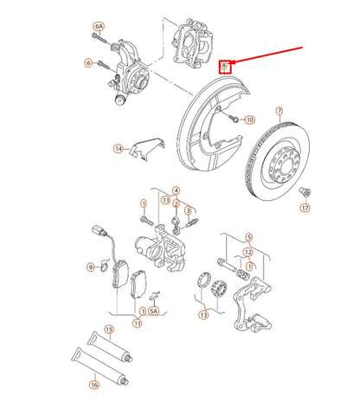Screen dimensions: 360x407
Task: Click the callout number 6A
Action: click(x=99, y=27)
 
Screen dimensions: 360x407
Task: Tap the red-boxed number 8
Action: click(x=224, y=66)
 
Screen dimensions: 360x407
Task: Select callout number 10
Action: click(x=249, y=120)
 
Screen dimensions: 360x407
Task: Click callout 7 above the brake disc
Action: click(x=280, y=111)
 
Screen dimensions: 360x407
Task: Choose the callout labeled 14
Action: click(x=119, y=149)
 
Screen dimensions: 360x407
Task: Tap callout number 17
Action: click(x=305, y=208)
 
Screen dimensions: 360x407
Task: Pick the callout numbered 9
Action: click(x=91, y=268)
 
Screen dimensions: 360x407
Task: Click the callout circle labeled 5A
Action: click(x=154, y=311)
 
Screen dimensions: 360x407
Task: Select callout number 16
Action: click(x=94, y=384)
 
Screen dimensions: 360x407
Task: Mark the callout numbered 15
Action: click(x=109, y=329)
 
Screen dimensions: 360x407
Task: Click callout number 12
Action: click(x=248, y=253)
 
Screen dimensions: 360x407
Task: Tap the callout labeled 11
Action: click(x=138, y=323)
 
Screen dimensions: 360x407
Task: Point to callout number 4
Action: click(x=176, y=191)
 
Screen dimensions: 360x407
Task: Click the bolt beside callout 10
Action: click(x=234, y=119)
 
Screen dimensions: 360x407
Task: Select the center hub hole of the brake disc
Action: click(x=286, y=163)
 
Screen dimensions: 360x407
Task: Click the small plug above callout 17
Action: click(x=305, y=191)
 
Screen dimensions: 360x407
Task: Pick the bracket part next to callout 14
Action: click(x=147, y=148)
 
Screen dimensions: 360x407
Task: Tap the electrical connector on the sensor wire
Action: click(x=98, y=231)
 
